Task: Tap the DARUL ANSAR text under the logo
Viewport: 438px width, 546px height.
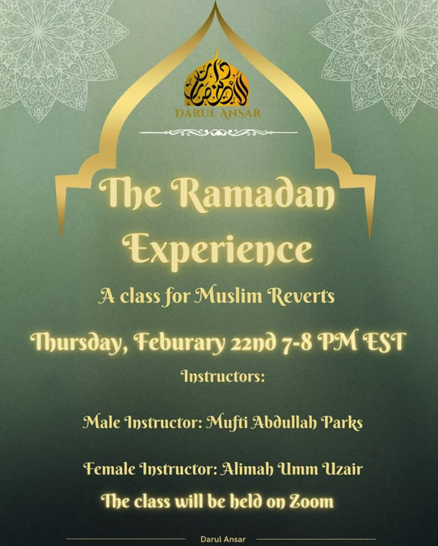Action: (218, 114)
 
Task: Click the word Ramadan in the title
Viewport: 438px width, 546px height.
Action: (253, 194)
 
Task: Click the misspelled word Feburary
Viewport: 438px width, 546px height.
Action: (179, 343)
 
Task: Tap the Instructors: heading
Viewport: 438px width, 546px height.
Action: (223, 376)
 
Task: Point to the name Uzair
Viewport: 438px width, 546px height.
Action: (343, 469)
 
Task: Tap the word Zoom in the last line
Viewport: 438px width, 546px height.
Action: (312, 502)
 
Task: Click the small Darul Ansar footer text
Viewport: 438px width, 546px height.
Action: (223, 540)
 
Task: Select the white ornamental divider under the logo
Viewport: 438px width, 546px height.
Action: (218, 132)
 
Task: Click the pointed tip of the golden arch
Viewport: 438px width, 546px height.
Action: (216, 2)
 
